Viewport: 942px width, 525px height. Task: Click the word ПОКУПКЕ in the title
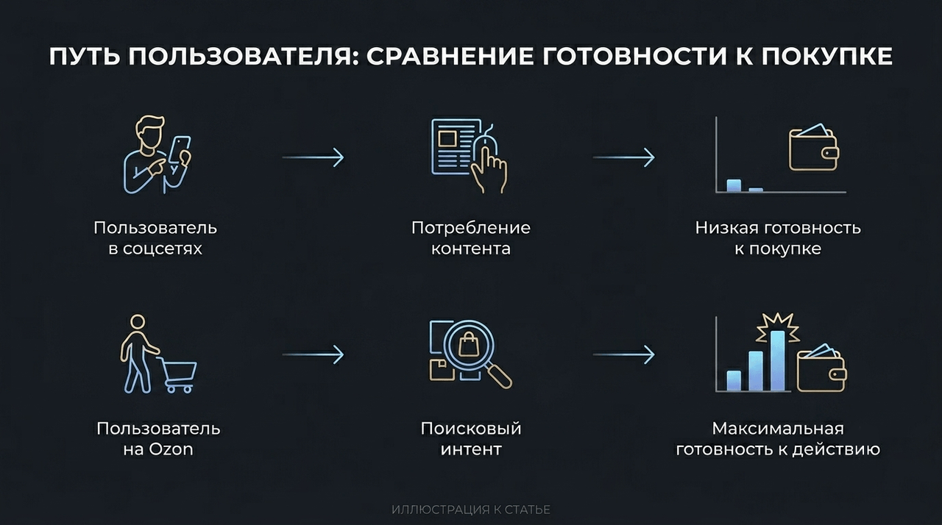pyautogui.click(x=826, y=56)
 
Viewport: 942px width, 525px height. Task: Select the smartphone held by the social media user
pyautogui.click(x=180, y=151)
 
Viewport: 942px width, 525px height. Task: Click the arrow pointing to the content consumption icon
pyautogui.click(x=313, y=157)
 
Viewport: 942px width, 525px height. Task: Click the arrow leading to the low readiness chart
pyautogui.click(x=623, y=157)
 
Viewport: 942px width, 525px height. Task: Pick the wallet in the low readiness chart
pyautogui.click(x=813, y=147)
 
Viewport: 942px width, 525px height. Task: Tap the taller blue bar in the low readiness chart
pyautogui.click(x=734, y=185)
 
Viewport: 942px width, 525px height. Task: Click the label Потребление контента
pyautogui.click(x=471, y=238)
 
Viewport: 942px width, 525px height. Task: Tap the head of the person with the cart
pyautogui.click(x=138, y=322)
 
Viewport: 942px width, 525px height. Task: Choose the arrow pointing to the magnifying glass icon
pyautogui.click(x=313, y=355)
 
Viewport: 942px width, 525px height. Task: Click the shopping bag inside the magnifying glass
pyautogui.click(x=469, y=343)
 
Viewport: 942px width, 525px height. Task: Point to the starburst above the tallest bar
pyautogui.click(x=778, y=327)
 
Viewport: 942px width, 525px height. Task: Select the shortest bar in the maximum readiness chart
pyautogui.click(x=734, y=381)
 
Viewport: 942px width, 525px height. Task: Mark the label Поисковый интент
pyautogui.click(x=471, y=439)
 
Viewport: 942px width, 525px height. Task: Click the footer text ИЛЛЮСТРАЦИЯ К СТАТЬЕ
pyautogui.click(x=471, y=510)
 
